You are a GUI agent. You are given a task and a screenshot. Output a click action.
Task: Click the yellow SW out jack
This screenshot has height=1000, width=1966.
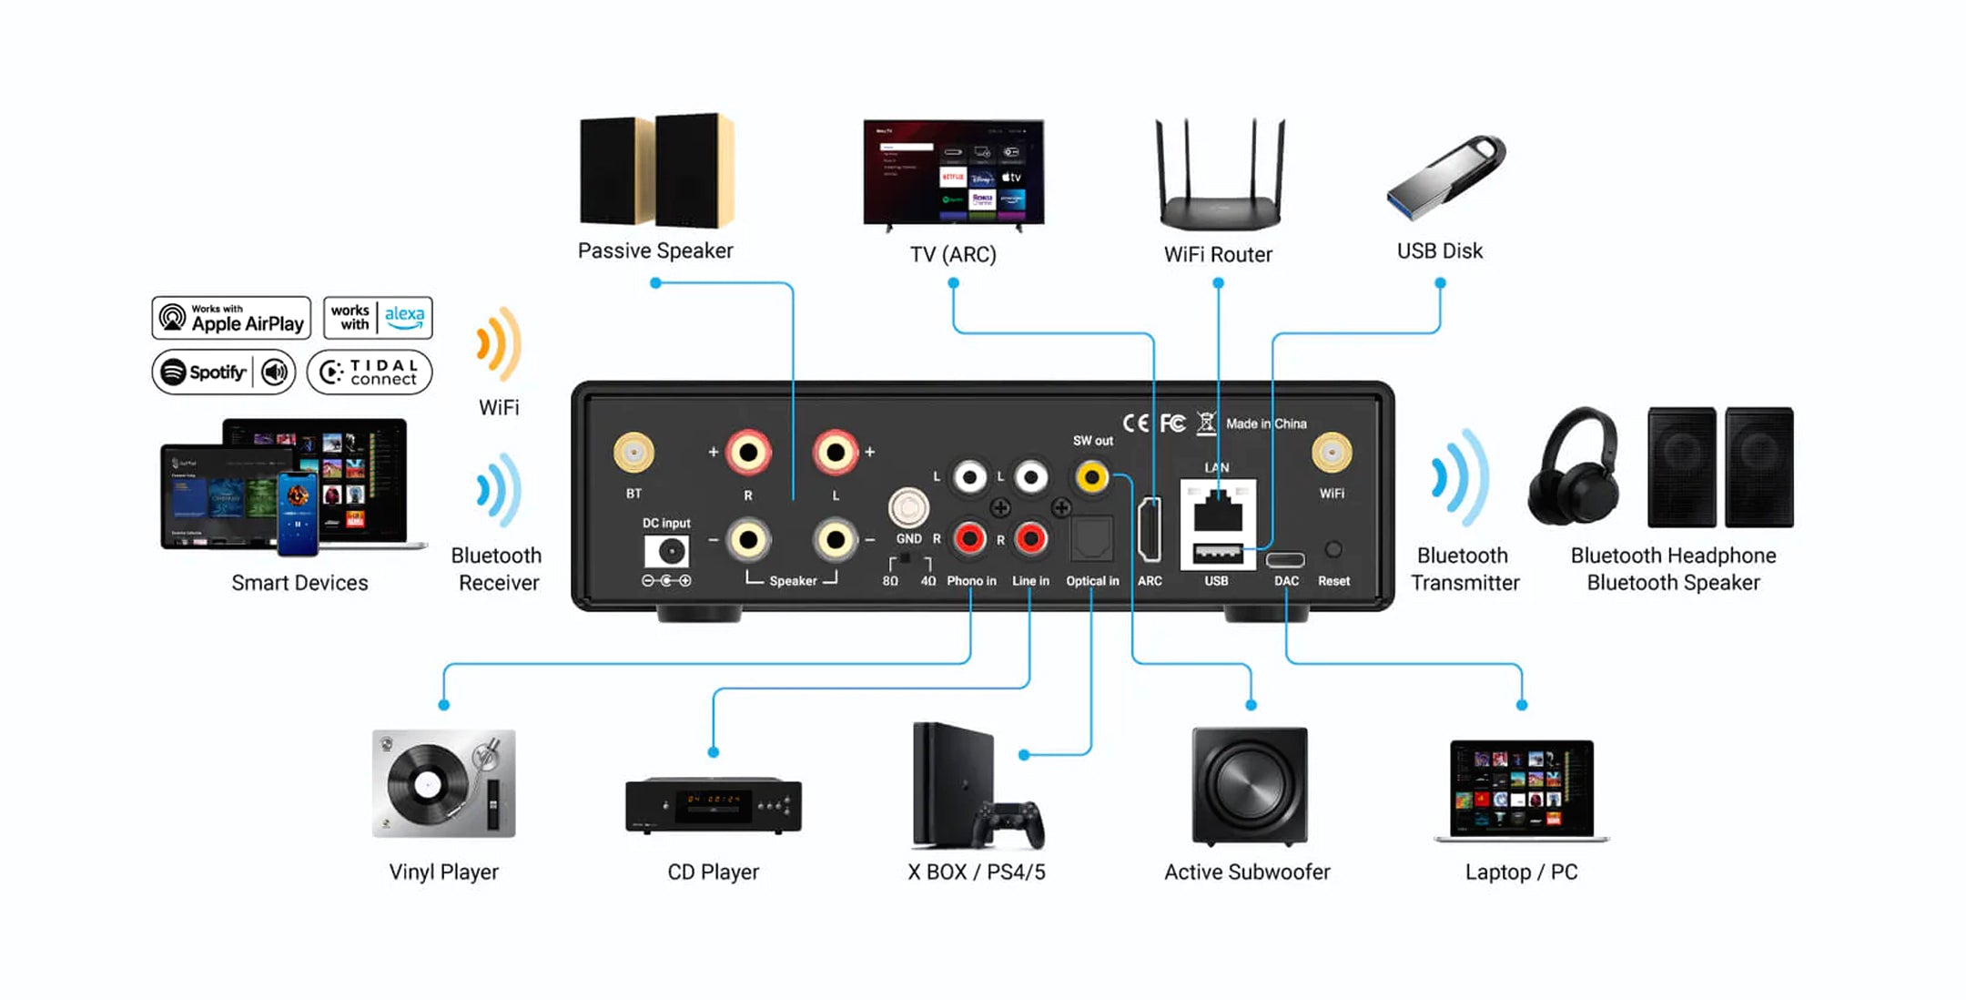tap(1091, 476)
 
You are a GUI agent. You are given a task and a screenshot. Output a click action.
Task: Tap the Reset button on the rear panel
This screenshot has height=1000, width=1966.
tap(1333, 549)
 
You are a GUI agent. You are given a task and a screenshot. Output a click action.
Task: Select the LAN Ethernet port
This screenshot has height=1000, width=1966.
tap(1218, 511)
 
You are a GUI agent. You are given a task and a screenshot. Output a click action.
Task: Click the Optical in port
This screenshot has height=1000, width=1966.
tap(1091, 540)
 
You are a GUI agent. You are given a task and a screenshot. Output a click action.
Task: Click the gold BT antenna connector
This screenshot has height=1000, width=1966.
tap(633, 453)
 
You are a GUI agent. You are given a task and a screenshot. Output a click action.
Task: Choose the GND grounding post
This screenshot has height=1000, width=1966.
tap(908, 508)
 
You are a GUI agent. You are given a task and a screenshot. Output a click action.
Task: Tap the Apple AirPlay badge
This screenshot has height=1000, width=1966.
tap(231, 318)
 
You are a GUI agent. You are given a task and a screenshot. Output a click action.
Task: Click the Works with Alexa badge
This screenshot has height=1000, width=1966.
tap(378, 318)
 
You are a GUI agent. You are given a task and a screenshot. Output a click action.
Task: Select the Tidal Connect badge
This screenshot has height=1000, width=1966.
tap(370, 372)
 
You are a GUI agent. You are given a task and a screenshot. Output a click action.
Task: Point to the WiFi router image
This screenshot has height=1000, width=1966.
tap(1220, 178)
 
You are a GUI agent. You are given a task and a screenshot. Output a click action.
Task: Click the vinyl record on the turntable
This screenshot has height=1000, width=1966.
tap(427, 784)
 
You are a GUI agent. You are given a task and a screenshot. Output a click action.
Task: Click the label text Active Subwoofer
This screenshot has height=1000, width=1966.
tap(1247, 872)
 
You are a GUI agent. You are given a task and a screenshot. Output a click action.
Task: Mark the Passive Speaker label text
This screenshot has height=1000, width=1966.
tap(655, 250)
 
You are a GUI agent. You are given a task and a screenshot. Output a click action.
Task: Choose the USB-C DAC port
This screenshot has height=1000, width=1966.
tap(1285, 559)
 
